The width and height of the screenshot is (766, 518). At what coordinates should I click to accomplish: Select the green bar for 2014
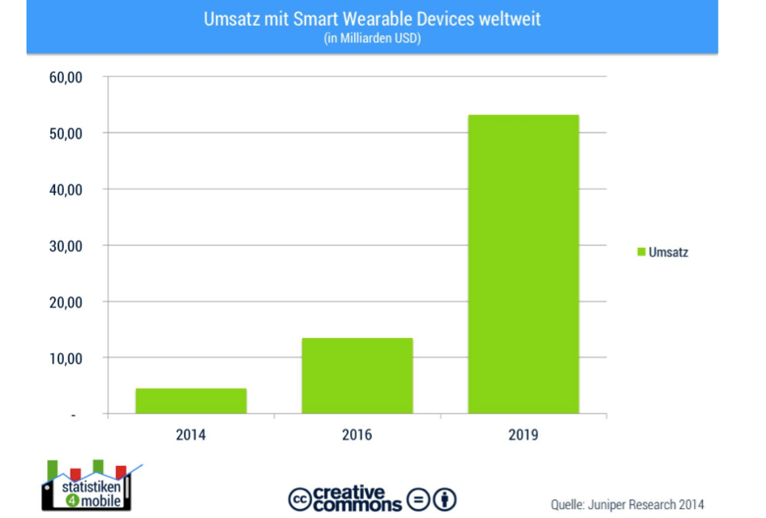(190, 401)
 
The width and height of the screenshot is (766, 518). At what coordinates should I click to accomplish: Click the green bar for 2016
(357, 375)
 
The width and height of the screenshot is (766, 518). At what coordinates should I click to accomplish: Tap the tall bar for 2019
(523, 264)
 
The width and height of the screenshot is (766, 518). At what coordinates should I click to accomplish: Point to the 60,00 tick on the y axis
(67, 78)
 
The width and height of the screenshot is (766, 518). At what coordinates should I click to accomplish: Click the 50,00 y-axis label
(67, 134)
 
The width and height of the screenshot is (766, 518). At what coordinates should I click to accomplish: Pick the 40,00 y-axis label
(67, 190)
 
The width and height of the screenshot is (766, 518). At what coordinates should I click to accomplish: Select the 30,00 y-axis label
(67, 246)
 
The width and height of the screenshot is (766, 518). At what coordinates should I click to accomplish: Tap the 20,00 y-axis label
(67, 302)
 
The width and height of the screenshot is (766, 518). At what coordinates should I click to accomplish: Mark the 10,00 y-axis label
(67, 358)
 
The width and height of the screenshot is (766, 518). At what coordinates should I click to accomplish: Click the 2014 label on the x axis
(190, 435)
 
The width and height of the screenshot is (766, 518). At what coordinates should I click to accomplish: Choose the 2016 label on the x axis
(357, 435)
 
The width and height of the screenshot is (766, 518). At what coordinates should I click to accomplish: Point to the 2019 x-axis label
(523, 435)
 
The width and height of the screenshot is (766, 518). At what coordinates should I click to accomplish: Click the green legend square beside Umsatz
(640, 252)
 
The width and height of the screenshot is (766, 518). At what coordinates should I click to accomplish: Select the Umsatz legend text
(668, 252)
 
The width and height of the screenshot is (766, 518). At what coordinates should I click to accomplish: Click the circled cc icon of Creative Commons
(300, 499)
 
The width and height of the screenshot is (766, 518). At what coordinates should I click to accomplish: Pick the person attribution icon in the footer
(445, 499)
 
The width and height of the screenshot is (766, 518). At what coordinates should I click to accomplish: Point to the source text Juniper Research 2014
(627, 504)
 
